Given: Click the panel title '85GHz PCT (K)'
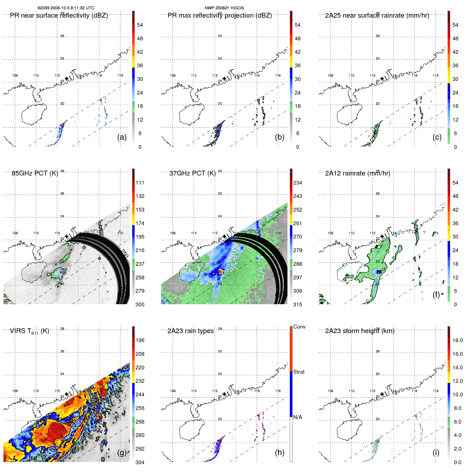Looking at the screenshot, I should [35, 173].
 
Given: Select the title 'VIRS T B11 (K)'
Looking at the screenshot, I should [29, 331].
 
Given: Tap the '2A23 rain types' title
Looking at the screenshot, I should [190, 331].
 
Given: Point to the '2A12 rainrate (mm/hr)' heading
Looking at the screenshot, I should [357, 173].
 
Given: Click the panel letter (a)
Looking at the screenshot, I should [122, 137].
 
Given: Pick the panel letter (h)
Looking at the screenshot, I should [279, 452].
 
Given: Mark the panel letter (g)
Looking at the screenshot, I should [122, 452].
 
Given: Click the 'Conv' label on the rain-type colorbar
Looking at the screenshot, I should [299, 327].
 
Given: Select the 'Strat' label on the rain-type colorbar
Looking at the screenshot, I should [299, 372].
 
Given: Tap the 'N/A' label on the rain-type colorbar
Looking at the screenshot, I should [298, 417].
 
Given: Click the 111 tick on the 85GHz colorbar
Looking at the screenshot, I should [140, 183].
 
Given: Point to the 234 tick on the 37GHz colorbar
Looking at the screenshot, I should [298, 183].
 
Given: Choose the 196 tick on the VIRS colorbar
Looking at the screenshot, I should [140, 340].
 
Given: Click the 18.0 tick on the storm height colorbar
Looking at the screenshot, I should [457, 340].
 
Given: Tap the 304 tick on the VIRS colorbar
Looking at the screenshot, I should [140, 462].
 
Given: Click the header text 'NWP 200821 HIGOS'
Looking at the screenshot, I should [224, 8].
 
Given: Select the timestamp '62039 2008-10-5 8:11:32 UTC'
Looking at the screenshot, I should [66, 8].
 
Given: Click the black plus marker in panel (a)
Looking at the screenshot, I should [67, 79].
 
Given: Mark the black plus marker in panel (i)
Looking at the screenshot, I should [382, 394].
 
